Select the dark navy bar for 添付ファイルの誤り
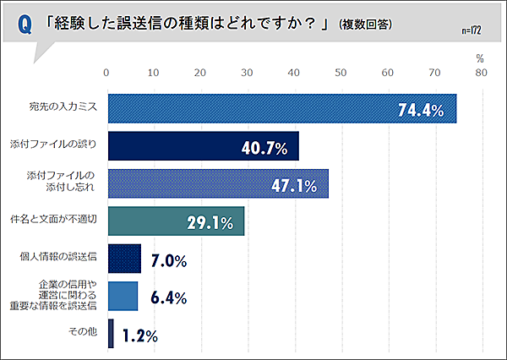point(203,146)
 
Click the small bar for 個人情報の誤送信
point(123,259)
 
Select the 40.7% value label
point(264,148)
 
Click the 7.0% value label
point(167,260)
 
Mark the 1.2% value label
point(139,335)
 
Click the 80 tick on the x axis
point(481,74)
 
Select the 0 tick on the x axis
point(106,74)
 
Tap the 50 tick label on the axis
point(341,74)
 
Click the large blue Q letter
point(26,25)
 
